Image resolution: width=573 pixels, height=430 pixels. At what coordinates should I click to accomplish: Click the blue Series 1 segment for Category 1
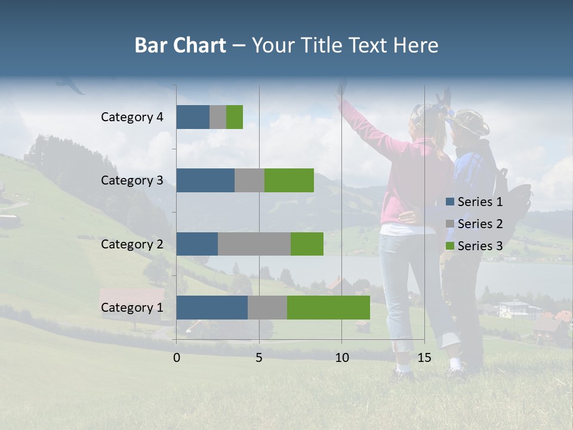[212, 308]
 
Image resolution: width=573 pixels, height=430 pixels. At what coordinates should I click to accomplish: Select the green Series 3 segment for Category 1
[328, 308]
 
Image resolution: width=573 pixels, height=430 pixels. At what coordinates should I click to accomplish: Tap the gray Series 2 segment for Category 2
[254, 244]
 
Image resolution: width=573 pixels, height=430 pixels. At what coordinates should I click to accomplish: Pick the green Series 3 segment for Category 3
[289, 180]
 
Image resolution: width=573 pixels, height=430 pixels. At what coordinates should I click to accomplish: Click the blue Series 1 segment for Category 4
[193, 117]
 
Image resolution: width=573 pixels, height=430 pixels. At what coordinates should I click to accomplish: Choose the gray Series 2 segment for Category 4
[218, 117]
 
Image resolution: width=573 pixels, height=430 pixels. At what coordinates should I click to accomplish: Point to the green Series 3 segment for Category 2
[307, 244]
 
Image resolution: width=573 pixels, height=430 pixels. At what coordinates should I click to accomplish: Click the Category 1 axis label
[132, 308]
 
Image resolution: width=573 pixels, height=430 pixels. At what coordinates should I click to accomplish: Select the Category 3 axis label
[132, 180]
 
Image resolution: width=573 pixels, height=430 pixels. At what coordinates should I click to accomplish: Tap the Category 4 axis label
[132, 117]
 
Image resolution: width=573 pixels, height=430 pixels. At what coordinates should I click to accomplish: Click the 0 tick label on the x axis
[177, 358]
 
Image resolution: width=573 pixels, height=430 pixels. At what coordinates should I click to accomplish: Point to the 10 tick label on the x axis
[341, 358]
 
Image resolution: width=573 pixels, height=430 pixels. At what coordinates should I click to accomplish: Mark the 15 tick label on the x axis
[424, 358]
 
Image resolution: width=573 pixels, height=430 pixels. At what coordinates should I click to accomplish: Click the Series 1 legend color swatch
[449, 202]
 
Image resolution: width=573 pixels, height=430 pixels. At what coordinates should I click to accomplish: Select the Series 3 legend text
[480, 246]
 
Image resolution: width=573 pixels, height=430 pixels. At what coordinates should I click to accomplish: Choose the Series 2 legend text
[480, 224]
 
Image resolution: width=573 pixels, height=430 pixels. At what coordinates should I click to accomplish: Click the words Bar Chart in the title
[180, 45]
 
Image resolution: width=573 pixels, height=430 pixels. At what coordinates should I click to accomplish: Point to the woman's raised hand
[341, 90]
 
